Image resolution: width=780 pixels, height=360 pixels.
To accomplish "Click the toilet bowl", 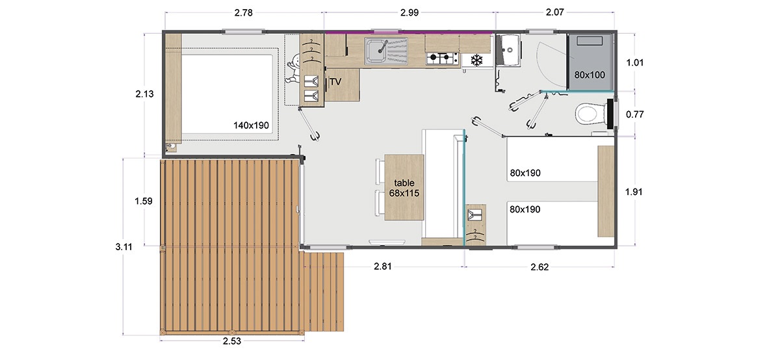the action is point(588,114).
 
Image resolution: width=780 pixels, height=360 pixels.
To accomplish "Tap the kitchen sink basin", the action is point(376,51).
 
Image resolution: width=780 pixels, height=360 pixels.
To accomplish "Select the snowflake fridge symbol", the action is point(476,60).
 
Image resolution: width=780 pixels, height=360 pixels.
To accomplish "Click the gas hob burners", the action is point(442,58).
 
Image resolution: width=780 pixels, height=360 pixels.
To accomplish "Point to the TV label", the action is point(335,82).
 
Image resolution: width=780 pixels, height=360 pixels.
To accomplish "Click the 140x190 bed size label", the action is point(251,125).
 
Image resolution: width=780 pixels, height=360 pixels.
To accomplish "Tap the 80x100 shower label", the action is point(590,75).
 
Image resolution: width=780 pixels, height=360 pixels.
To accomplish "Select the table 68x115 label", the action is point(404,188).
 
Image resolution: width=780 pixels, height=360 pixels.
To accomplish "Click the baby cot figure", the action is point(294,69).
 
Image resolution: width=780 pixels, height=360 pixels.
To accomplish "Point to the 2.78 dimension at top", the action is point(243,13).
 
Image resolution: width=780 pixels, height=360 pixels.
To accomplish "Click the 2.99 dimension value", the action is point(409,12).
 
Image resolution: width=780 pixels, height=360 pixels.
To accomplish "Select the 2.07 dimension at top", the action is point(554,12).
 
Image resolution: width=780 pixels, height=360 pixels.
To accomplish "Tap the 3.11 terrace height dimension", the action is point(124,247).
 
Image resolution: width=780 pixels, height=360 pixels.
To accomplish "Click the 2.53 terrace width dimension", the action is point(232,341).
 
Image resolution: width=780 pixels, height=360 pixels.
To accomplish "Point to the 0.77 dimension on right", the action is point(635,114).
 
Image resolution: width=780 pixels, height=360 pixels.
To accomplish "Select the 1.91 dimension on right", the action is point(634,192).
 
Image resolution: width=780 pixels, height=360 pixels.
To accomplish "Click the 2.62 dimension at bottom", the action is point(539,267).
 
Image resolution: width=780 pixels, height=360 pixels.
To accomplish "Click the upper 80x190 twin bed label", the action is point(525,173).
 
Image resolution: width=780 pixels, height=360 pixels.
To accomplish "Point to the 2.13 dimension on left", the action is point(144,94).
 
